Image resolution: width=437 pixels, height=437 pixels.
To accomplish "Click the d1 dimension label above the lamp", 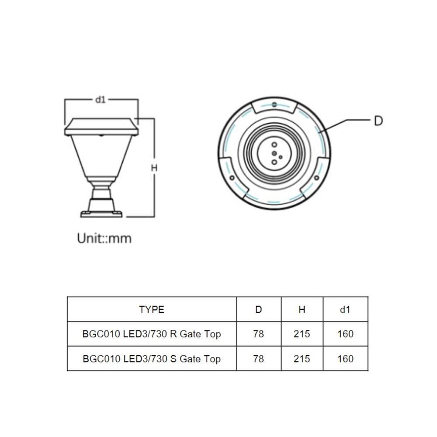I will pos(101,100).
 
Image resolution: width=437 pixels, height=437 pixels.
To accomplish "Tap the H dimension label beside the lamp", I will pos(154,167).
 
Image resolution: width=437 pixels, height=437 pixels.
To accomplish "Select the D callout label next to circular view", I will pos(378,121).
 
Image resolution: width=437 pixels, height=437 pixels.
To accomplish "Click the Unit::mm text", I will pos(104,238).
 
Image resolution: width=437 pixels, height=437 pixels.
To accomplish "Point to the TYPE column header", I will pos(152,309).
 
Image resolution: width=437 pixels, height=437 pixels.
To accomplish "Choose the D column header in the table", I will pos(258,309).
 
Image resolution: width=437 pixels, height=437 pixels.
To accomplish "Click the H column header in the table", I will pos(302,309).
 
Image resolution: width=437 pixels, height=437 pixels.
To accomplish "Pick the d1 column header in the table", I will pos(345,309).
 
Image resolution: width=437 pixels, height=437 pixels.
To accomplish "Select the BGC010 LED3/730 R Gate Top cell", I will pos(152,334).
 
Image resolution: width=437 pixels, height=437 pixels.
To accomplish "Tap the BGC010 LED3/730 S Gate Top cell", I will pos(152,359).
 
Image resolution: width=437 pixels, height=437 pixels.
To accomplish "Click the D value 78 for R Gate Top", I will pos(258,334).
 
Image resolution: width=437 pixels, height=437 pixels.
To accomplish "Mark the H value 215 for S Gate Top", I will pos(302,359).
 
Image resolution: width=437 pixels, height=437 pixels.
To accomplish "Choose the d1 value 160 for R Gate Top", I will pos(345,334).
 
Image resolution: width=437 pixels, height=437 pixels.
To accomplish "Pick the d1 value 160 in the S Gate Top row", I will pos(345,359).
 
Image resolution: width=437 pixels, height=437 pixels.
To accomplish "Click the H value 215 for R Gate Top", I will pos(302,334).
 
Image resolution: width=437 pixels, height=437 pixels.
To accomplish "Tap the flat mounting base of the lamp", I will pos(101,214).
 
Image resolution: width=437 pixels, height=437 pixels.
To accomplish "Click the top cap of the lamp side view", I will pos(101,125).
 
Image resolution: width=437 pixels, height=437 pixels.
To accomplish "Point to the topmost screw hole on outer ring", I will pos(274,104).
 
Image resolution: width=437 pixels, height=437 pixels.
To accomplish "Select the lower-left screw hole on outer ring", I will pos(232,178).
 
